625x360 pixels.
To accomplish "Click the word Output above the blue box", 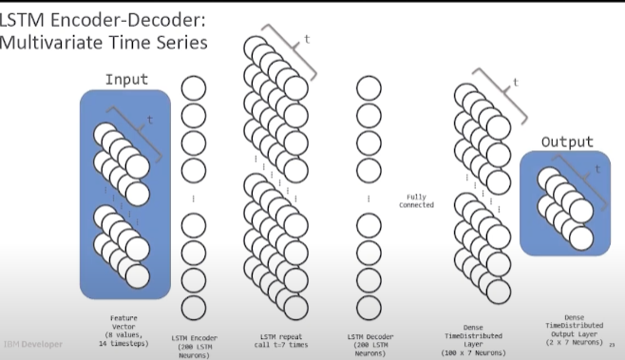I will coord(566,142).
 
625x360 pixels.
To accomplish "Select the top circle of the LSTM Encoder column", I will coord(195,88).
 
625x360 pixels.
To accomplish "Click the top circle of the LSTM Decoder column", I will coord(370,88).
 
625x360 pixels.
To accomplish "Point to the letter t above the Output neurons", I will coord(597,167).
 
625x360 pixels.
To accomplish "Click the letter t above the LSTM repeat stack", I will coord(306,40).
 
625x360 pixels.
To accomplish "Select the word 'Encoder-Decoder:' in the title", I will coord(112,16).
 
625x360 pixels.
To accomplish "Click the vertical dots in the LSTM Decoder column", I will coord(370,199).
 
